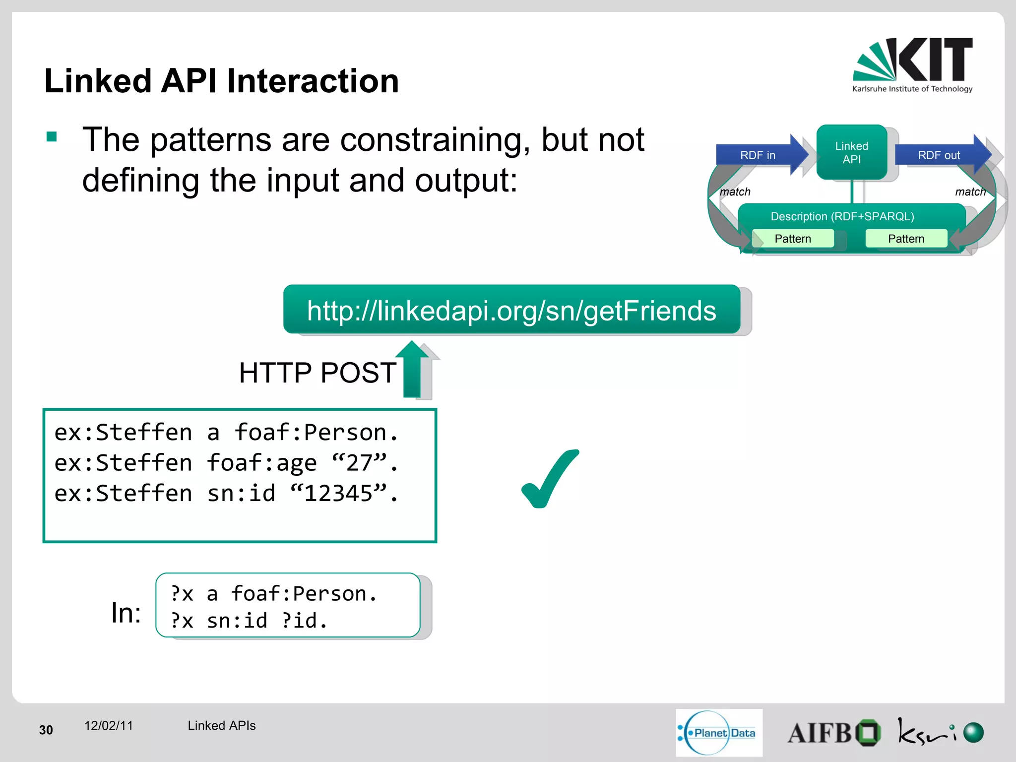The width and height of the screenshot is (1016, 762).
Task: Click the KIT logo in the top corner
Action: [x=913, y=64]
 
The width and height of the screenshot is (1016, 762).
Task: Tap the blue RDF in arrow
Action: [x=759, y=155]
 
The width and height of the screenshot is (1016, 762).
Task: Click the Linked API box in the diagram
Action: [x=851, y=152]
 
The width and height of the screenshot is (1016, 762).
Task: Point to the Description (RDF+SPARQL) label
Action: [x=842, y=216]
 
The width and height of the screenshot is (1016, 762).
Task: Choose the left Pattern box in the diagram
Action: [x=793, y=239]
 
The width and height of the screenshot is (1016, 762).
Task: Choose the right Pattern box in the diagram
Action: [x=906, y=239]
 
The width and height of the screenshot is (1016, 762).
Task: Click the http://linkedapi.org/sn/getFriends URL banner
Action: [x=511, y=311]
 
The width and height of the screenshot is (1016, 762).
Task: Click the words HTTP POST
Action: [x=317, y=373]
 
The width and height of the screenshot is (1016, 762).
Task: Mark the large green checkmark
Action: [x=550, y=479]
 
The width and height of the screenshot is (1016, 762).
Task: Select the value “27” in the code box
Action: [x=360, y=463]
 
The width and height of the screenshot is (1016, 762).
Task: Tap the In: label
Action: [x=126, y=613]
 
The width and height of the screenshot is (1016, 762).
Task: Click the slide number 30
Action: [x=46, y=730]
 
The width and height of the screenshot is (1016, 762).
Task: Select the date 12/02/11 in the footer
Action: [x=109, y=726]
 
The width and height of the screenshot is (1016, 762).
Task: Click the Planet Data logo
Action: [x=718, y=733]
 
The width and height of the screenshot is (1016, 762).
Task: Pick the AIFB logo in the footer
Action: [x=833, y=733]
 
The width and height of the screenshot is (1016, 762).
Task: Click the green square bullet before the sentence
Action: [x=52, y=136]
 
